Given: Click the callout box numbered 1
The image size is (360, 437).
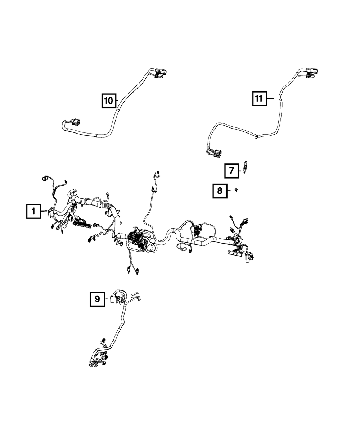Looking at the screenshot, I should (x=33, y=211).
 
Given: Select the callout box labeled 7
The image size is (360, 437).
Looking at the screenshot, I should (x=232, y=171).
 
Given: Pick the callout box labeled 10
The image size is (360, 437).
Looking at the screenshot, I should (x=108, y=100).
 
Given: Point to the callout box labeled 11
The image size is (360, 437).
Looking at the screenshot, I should (x=260, y=98).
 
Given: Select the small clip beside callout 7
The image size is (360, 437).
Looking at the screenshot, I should (x=246, y=167).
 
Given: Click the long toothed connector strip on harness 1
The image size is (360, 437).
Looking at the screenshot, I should (x=82, y=224).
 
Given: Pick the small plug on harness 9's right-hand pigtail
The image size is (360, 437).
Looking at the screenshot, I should (x=140, y=297).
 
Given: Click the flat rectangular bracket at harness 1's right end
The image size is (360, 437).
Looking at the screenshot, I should (x=235, y=253).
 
